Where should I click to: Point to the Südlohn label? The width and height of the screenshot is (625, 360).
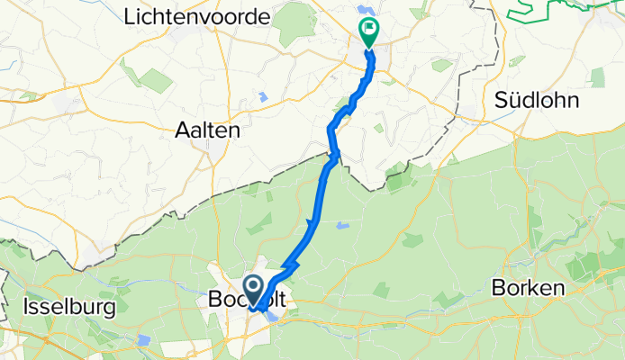[534, 102]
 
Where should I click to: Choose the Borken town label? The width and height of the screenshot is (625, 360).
[528, 289]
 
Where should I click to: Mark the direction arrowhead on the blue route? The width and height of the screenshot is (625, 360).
[312, 223]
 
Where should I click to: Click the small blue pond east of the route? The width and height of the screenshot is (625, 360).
[341, 225]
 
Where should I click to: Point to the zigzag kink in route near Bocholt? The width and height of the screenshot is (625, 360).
[288, 268]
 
